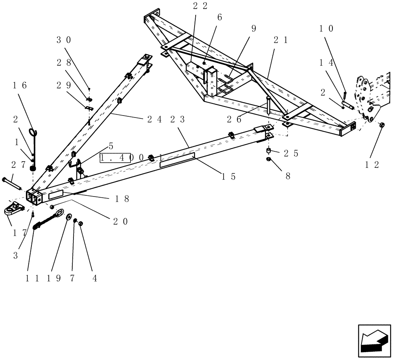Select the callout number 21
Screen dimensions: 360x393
click(280, 40)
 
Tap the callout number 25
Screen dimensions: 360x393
click(291, 154)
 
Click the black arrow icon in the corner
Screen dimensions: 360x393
click(374, 339)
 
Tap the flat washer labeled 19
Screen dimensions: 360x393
click(69, 217)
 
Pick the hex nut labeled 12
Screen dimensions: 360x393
click(382, 125)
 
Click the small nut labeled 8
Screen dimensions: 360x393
click(268, 159)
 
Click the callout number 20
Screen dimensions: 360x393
click(120, 222)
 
